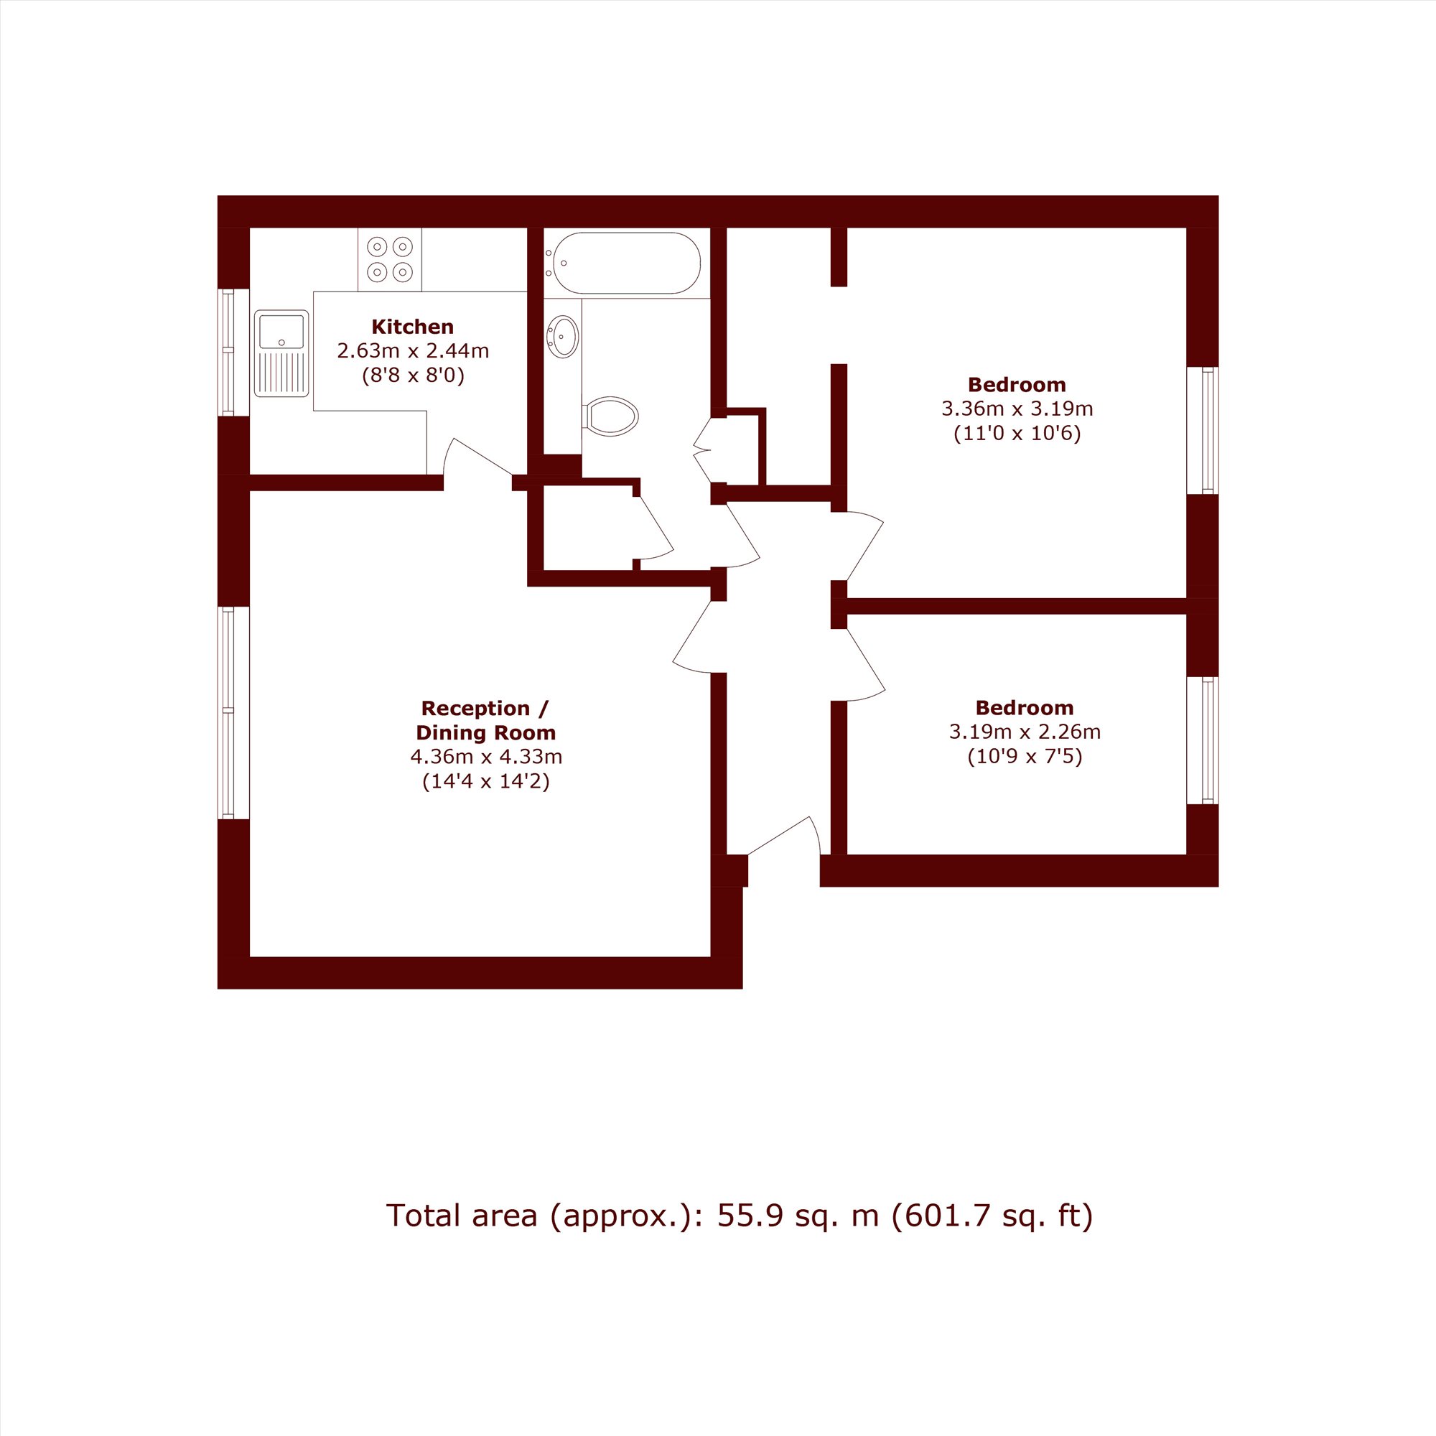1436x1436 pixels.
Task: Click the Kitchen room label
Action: tap(413, 326)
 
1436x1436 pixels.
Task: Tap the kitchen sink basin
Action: tap(281, 331)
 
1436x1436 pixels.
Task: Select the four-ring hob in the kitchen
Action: tap(389, 259)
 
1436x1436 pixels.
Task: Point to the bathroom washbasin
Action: tap(563, 337)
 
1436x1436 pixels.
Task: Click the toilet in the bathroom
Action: tap(611, 416)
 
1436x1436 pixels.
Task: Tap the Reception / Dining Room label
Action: tap(486, 720)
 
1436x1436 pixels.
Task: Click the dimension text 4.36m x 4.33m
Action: tap(486, 757)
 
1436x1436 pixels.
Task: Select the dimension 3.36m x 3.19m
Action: tap(1017, 408)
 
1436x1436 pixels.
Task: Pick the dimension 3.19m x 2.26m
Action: tap(1025, 732)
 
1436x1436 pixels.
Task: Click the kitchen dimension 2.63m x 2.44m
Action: tap(413, 351)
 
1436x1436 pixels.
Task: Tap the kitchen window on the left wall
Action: tap(228, 353)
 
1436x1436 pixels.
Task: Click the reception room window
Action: tap(228, 713)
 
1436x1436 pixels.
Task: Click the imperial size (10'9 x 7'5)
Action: tap(1025, 757)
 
